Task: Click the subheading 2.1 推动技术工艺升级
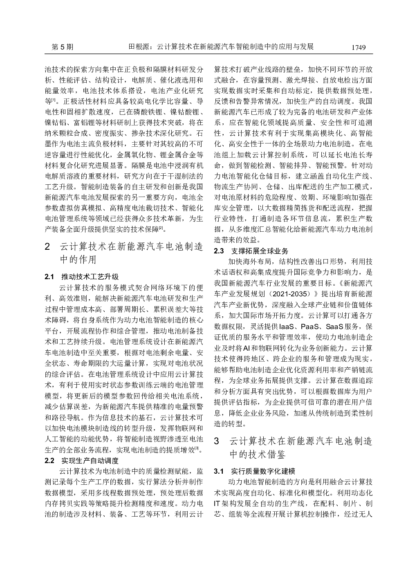pyautogui.click(x=82, y=277)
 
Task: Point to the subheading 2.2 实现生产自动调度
pyautogui.click(x=82, y=461)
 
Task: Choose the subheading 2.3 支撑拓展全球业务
pyautogui.click(x=251, y=251)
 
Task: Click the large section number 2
pyautogui.click(x=47, y=247)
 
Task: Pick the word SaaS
pyautogui.click(x=337, y=327)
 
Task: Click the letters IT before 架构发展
pyautogui.click(x=217, y=503)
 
